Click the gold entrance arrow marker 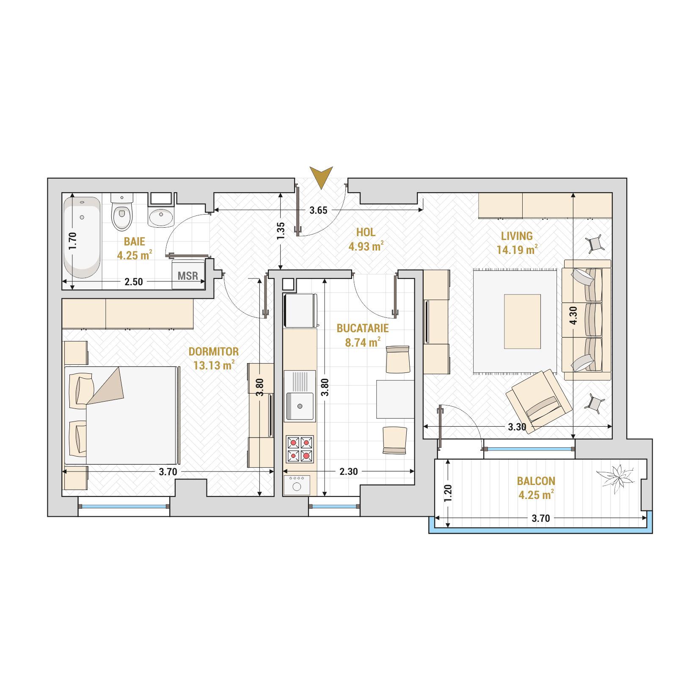[321, 177]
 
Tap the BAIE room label [135, 242]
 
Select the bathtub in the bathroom [82, 237]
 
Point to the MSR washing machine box [188, 274]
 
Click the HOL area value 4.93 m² [366, 246]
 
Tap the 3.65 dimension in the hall [318, 210]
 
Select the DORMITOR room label [214, 351]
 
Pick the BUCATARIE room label [363, 328]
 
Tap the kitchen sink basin [300, 406]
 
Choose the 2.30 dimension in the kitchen [349, 471]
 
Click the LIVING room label [517, 236]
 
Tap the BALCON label [536, 481]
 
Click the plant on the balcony [615, 479]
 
